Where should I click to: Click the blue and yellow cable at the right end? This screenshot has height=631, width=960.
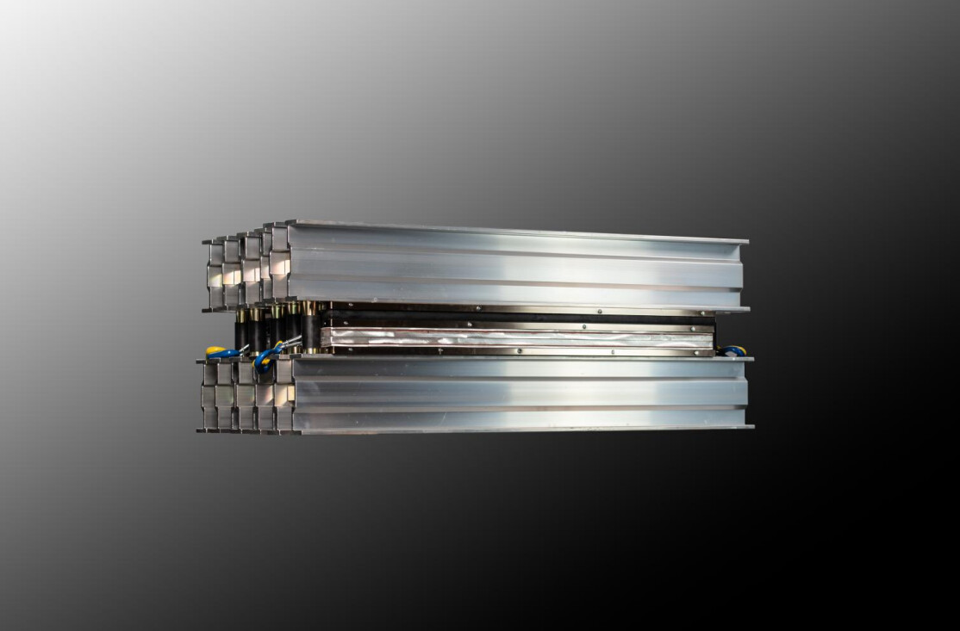click(732, 351)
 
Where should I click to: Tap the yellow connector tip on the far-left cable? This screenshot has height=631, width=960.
click(209, 350)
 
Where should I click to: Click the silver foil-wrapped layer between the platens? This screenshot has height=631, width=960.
click(517, 338)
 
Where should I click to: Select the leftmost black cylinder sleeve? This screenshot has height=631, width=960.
click(241, 331)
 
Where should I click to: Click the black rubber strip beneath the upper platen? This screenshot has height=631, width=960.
click(517, 319)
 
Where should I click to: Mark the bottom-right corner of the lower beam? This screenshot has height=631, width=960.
click(751, 426)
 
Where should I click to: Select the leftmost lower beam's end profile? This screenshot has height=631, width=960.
click(208, 396)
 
